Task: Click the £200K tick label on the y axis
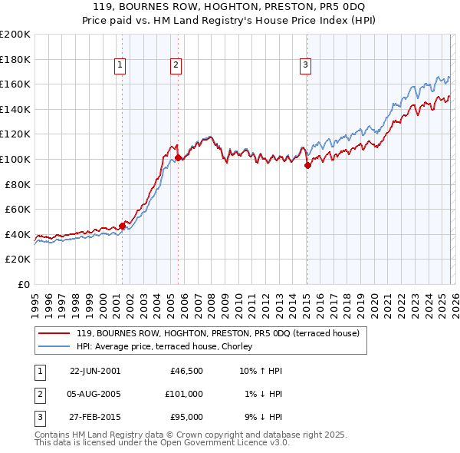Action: (15, 34)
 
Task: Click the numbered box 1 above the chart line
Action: (121, 66)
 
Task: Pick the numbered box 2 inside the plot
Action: (176, 66)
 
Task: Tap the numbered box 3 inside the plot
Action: (305, 66)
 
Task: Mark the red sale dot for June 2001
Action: (122, 226)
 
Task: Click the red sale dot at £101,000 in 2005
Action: (178, 157)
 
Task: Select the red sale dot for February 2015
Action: (307, 165)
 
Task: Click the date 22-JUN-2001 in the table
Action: (95, 371)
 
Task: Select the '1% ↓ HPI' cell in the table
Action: (262, 394)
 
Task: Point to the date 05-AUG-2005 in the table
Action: (95, 394)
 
